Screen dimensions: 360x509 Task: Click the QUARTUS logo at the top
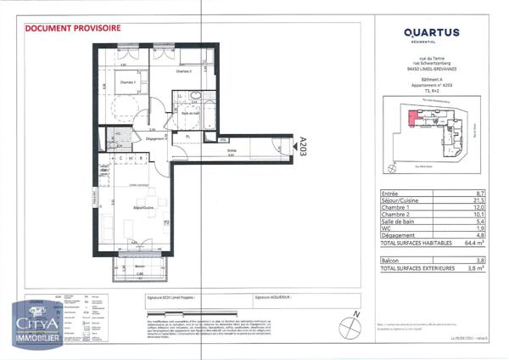click(x=430, y=33)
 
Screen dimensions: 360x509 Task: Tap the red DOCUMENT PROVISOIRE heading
click(x=73, y=27)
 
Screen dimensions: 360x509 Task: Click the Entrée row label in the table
click(x=391, y=194)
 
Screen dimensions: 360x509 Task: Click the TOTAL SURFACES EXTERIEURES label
click(x=420, y=267)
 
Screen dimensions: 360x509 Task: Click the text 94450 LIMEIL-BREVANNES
click(x=430, y=69)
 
